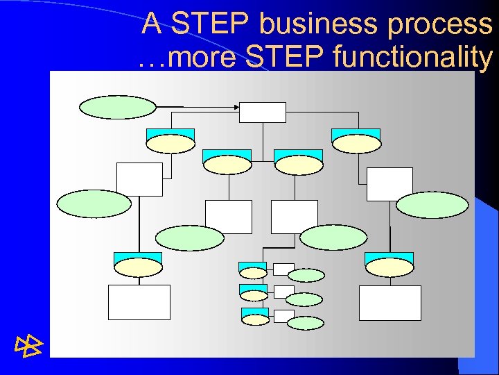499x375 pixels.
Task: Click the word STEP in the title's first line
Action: pos(211,25)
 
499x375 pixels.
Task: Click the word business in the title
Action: pos(316,25)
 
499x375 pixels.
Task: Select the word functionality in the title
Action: pos(412,58)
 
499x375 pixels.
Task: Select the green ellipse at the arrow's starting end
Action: pos(118,107)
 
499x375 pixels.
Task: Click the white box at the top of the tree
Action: pos(263,112)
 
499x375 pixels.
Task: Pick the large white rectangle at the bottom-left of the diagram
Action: pos(139,302)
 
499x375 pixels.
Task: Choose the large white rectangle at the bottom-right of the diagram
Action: pos(390,302)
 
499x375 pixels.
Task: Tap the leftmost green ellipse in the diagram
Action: pos(94,204)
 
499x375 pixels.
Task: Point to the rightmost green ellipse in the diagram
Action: pos(432,205)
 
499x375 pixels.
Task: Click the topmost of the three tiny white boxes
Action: pos(283,269)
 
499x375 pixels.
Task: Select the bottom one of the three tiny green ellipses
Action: pos(305,323)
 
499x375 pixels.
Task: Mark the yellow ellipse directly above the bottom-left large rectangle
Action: pos(139,267)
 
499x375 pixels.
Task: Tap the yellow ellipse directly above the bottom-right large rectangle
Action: pos(389,267)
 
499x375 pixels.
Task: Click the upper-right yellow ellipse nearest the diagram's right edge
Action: pos(356,144)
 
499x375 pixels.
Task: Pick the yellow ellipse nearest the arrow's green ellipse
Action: pos(170,144)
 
